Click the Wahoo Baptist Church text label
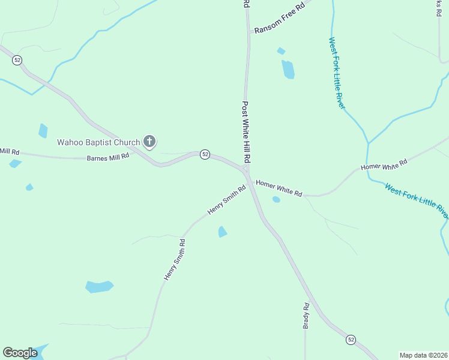click(x=98, y=142)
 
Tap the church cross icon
click(x=149, y=142)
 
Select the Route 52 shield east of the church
click(x=205, y=154)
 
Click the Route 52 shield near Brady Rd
click(x=351, y=340)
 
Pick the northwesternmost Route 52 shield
click(x=17, y=60)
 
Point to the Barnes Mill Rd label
click(x=108, y=157)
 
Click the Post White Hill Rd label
click(x=246, y=133)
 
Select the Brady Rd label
click(x=306, y=316)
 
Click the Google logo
click(x=20, y=353)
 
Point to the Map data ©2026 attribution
click(x=423, y=355)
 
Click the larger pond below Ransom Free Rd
click(x=288, y=70)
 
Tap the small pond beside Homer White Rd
click(x=276, y=199)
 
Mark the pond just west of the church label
click(x=43, y=130)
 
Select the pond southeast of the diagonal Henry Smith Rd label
click(x=223, y=232)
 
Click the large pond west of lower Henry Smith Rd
click(x=99, y=287)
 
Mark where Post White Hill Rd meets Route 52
click(x=246, y=170)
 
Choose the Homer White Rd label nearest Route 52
click(x=279, y=188)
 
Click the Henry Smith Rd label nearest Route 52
click(x=227, y=200)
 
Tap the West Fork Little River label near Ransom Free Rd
click(x=336, y=73)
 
